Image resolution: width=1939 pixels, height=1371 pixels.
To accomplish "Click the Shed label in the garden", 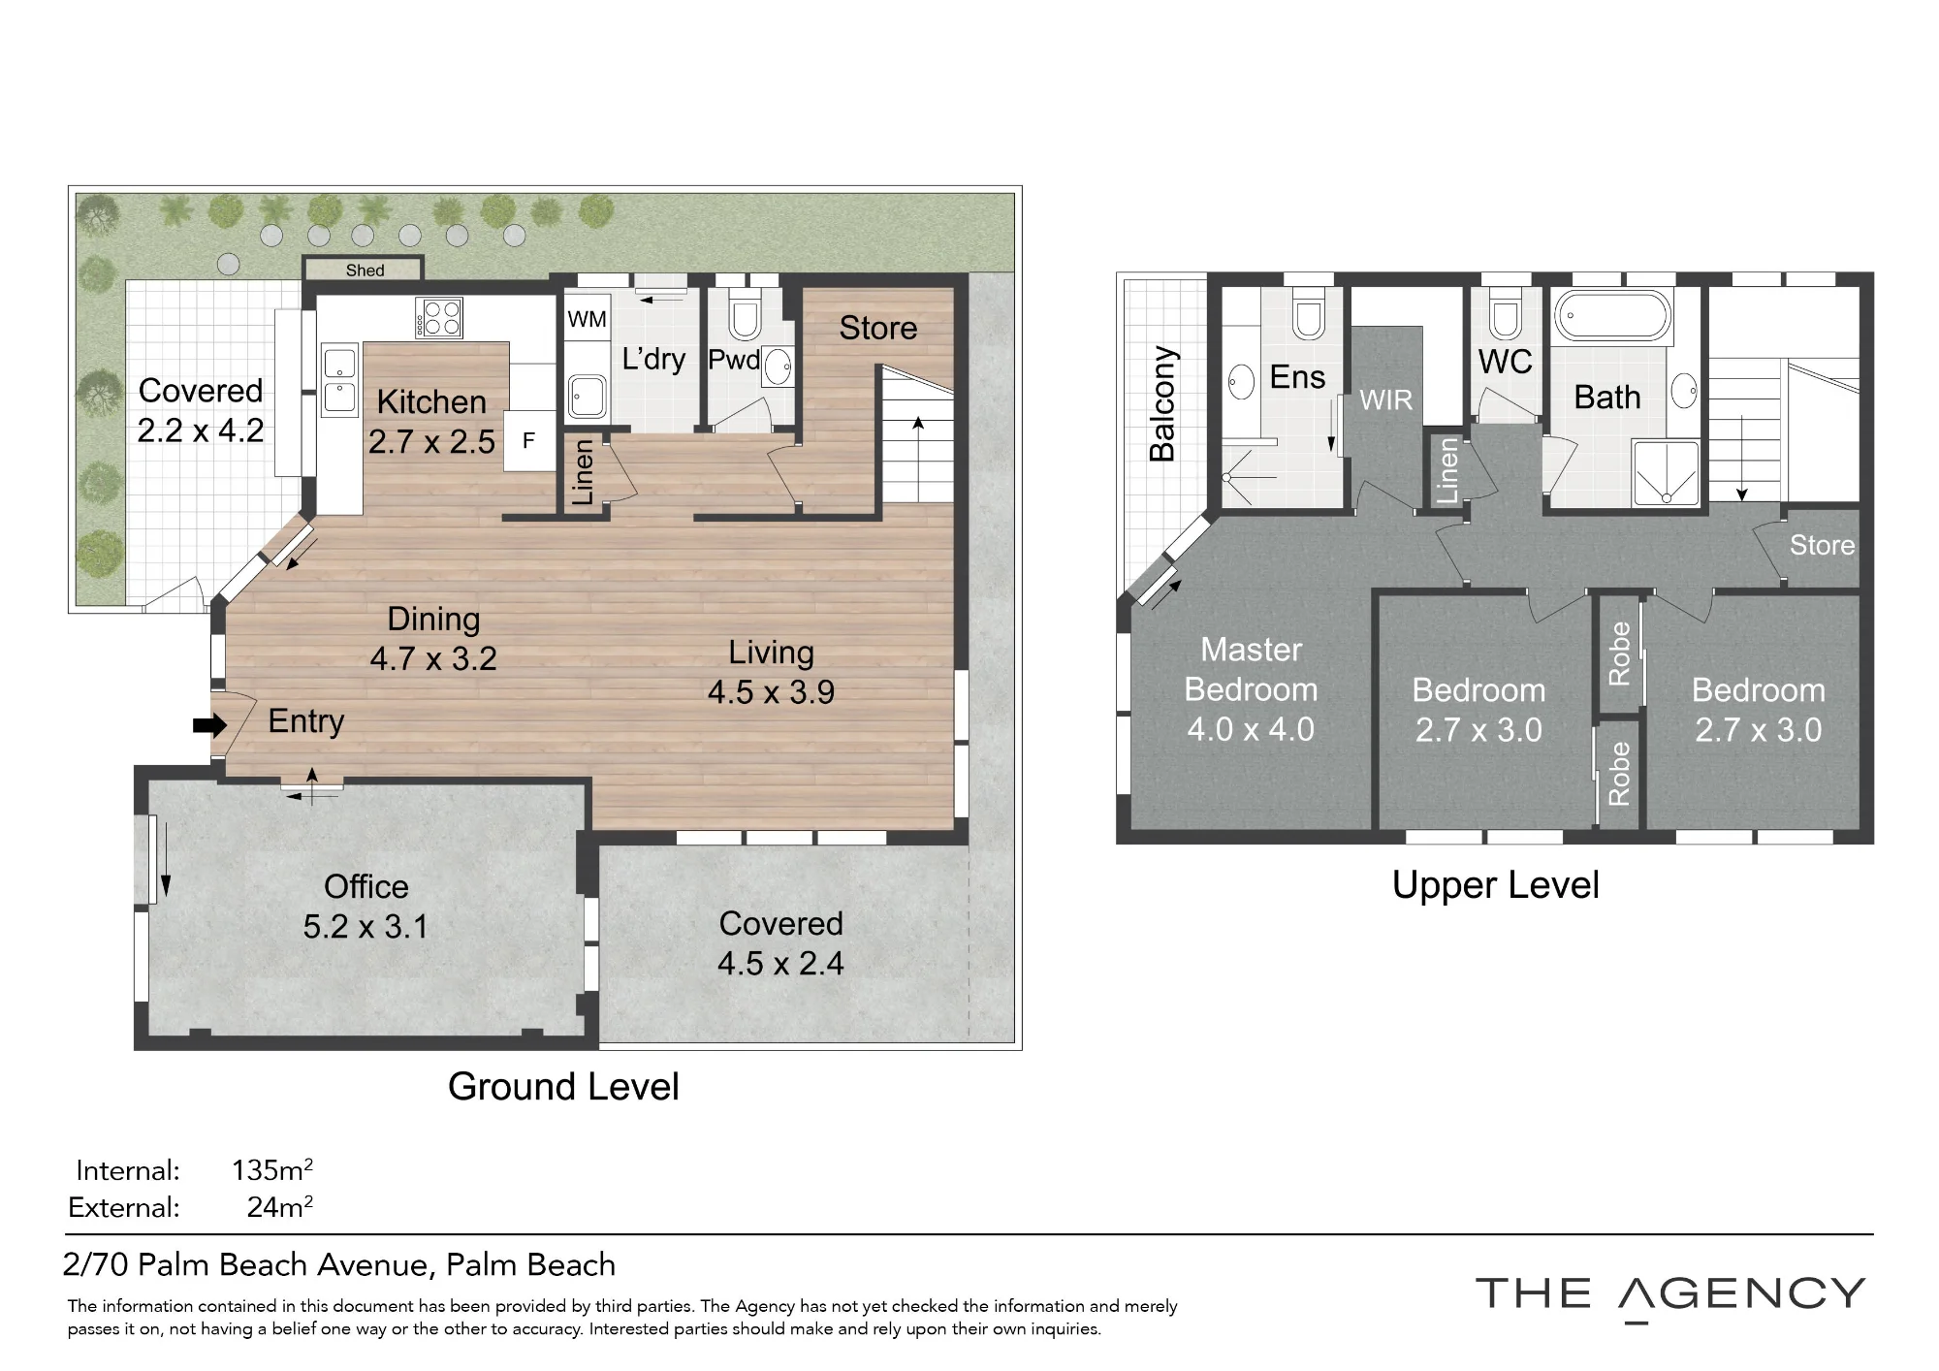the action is coord(365,271).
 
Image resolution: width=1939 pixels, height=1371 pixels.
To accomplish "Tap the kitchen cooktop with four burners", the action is coord(439,318).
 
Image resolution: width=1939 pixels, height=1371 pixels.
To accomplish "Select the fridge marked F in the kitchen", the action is coord(529,441).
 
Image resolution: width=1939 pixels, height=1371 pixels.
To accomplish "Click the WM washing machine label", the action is coord(587,319).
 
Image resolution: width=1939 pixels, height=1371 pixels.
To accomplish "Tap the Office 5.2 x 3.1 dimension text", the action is coord(366,927).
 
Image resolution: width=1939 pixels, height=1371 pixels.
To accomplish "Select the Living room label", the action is coord(771,653).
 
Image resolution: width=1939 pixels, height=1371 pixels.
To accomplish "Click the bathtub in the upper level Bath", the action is coord(1613,316).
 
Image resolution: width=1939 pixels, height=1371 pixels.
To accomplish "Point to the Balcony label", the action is coord(1161,403).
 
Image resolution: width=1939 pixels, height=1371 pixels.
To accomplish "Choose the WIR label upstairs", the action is coord(1385,399).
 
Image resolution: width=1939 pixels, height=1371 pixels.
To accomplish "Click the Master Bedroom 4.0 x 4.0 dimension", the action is coord(1251,729).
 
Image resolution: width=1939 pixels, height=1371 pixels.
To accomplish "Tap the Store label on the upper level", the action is coord(1822,545).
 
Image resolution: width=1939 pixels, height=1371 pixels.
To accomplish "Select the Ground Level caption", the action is coord(563,1087).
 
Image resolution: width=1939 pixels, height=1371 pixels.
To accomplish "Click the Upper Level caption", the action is coord(1495,885).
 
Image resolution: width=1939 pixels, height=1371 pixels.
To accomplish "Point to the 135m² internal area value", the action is coord(272,1169).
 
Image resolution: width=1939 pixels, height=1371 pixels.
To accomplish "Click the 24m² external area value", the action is coord(280,1207).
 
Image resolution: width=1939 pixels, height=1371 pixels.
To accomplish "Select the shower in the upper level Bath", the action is coord(1666,473).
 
